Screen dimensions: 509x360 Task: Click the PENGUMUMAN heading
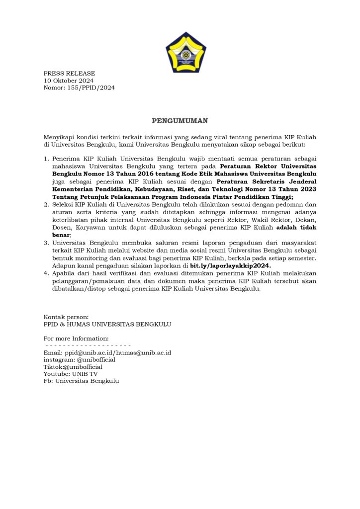[x=180, y=120]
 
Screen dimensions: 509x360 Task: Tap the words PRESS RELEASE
[x=69, y=74]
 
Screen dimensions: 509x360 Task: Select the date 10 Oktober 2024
[x=69, y=81]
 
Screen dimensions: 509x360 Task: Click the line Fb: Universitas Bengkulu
[x=82, y=381]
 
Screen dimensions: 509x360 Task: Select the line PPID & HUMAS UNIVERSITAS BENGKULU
[x=107, y=324]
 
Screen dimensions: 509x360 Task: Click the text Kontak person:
[x=66, y=317]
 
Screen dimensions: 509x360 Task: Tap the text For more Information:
[x=76, y=338]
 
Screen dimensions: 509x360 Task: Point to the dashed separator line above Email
[x=88, y=345]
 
